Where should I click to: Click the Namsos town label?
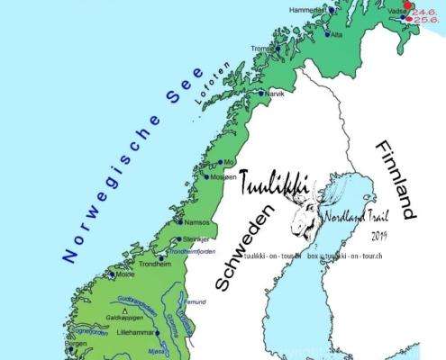[x=196, y=221]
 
